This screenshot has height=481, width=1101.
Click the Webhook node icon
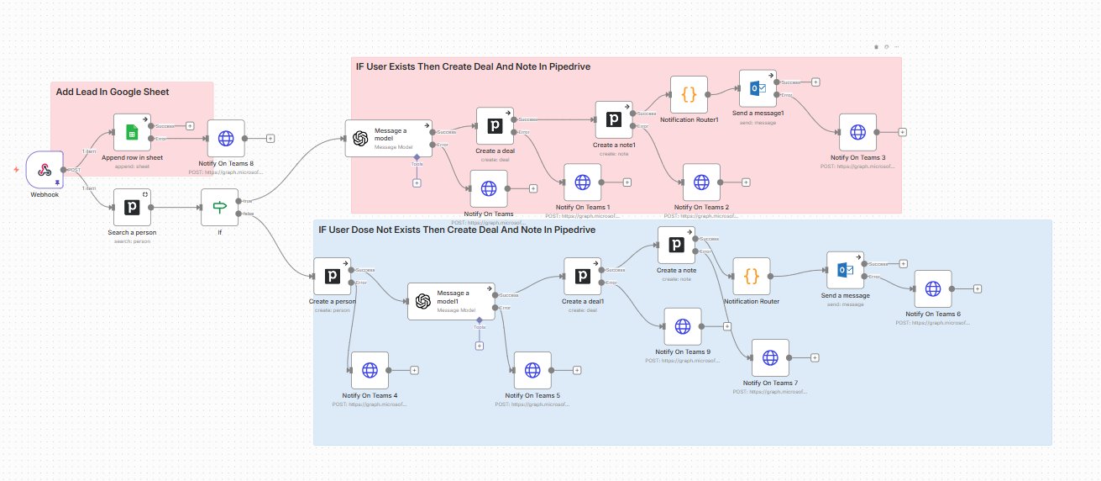point(45,170)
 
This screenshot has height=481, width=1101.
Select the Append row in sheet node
point(131,132)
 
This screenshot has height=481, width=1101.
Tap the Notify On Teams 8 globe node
point(226,138)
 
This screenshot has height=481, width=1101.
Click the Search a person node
point(131,207)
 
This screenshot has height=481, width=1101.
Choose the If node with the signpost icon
point(220,207)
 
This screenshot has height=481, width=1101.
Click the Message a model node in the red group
point(389,138)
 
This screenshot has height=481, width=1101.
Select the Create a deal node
point(495,125)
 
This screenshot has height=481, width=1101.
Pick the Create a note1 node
point(614,119)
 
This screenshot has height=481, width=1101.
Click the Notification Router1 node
point(689,94)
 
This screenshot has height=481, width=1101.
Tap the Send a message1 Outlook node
point(758,88)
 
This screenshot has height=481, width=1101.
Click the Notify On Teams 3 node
point(857,132)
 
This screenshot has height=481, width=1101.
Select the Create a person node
point(331,276)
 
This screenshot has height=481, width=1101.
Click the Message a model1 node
point(451,301)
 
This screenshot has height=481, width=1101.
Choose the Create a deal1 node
point(582,276)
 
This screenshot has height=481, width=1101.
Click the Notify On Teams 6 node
point(932,288)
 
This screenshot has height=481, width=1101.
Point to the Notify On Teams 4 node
point(370,370)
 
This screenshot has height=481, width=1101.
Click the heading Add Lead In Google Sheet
point(113,92)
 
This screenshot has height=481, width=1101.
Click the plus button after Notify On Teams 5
point(577,370)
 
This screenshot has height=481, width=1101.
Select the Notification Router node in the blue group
point(752,276)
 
